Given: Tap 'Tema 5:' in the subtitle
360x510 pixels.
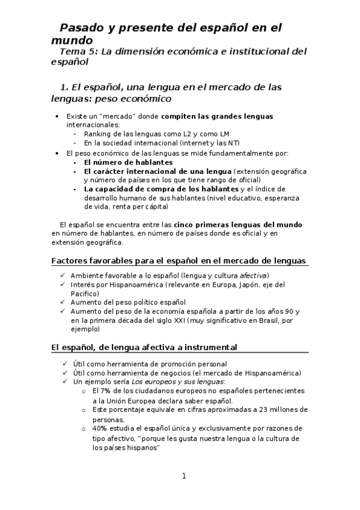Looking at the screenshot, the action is [78, 52].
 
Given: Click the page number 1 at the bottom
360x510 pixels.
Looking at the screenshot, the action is [185, 476].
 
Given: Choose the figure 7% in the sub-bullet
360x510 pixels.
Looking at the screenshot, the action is [109, 390].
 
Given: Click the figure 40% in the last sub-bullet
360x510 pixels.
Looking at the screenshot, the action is [100, 428].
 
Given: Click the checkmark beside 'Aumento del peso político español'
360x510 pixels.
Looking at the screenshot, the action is [64, 302].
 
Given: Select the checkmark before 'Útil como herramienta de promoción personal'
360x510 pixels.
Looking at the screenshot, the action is [64, 363].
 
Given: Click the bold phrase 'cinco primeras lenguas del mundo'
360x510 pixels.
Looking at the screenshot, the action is [238, 224].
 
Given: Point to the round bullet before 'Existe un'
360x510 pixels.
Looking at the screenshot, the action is [56, 116].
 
